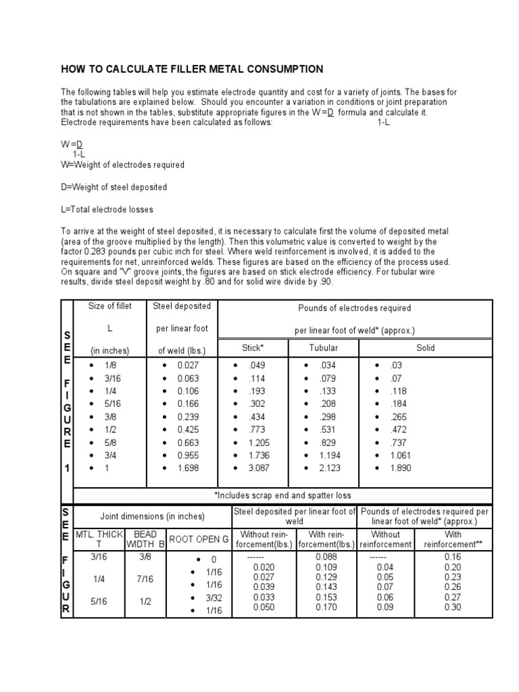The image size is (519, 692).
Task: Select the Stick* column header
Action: (x=253, y=348)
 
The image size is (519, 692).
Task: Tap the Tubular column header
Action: (x=323, y=348)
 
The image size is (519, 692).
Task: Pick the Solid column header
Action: (x=426, y=348)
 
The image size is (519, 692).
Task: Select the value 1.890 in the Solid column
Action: (x=400, y=468)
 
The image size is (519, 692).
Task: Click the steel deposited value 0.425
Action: (x=188, y=430)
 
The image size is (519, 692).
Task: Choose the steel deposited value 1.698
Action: (x=188, y=468)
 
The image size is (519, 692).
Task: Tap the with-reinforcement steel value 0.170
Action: (x=326, y=607)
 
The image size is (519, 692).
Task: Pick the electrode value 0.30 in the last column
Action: (x=453, y=607)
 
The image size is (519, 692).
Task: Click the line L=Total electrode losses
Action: (x=107, y=209)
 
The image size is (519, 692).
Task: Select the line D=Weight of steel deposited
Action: (x=114, y=187)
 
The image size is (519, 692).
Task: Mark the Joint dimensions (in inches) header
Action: (x=152, y=516)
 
